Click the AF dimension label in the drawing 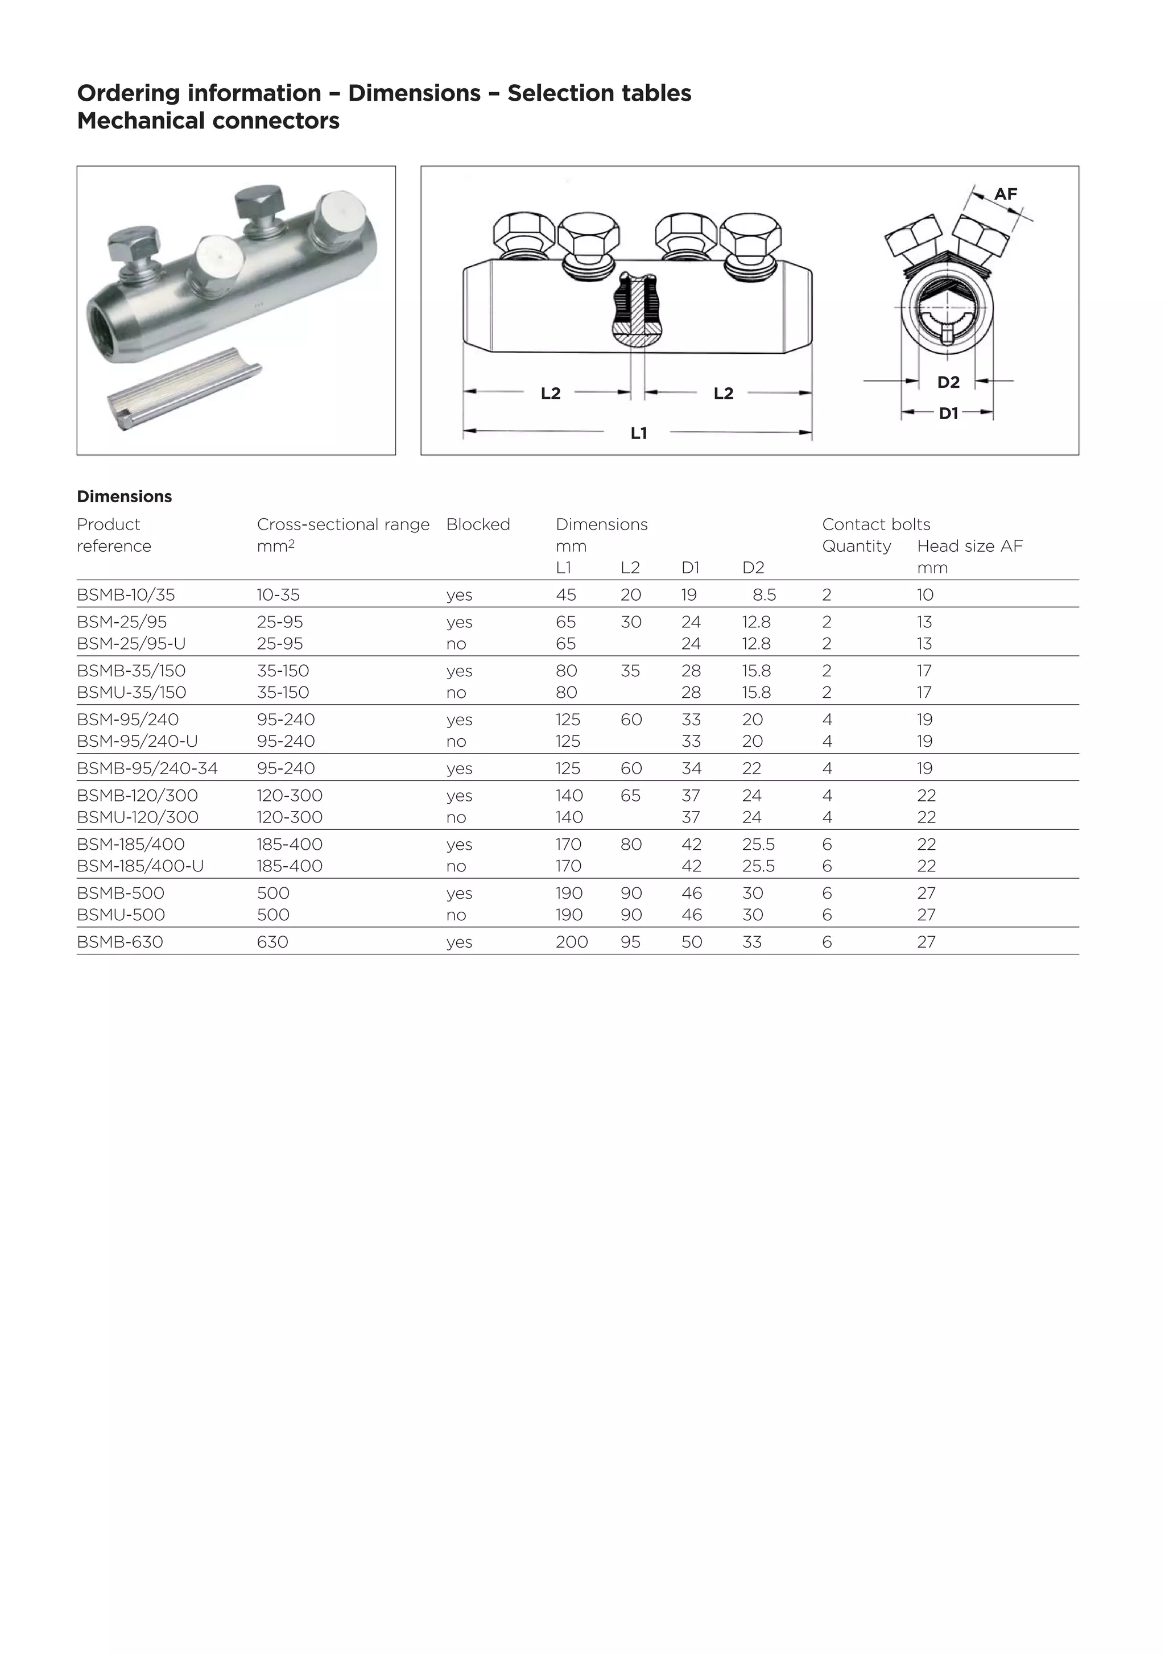point(1005,194)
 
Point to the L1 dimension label point(638,433)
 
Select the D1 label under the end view point(948,413)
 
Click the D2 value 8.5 point(764,595)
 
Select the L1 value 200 point(571,942)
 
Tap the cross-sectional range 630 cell point(272,942)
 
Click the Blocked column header point(478,524)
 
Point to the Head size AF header point(969,546)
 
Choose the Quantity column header point(856,546)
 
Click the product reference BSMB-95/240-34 point(147,768)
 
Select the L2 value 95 point(630,942)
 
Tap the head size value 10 point(924,595)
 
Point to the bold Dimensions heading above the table point(124,497)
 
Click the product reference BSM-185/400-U point(140,866)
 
